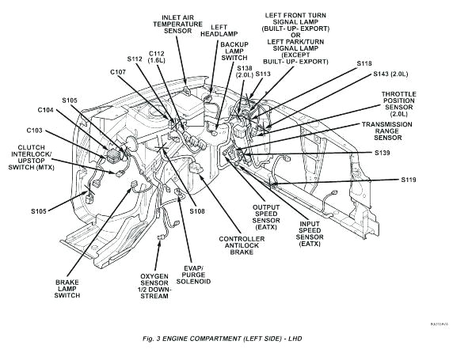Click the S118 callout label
(x=364, y=63)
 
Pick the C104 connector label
(x=46, y=110)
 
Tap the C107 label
(x=118, y=72)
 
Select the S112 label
(x=135, y=59)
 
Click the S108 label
(x=197, y=211)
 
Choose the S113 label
(x=263, y=74)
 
